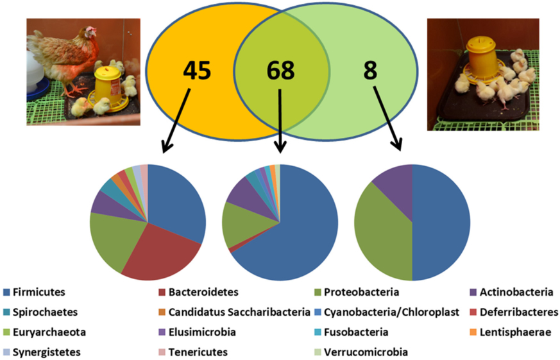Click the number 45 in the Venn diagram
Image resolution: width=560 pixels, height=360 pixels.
point(196,70)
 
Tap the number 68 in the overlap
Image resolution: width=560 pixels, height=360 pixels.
point(280,71)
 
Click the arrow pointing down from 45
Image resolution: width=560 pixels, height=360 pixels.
point(175,121)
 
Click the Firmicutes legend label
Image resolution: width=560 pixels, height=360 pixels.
point(39,293)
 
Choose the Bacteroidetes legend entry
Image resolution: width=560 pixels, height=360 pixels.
point(203,293)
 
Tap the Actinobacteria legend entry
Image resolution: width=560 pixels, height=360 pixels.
point(514,293)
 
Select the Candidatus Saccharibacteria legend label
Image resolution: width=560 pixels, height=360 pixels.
point(239,313)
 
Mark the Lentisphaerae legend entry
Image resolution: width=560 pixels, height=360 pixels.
point(514,332)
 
